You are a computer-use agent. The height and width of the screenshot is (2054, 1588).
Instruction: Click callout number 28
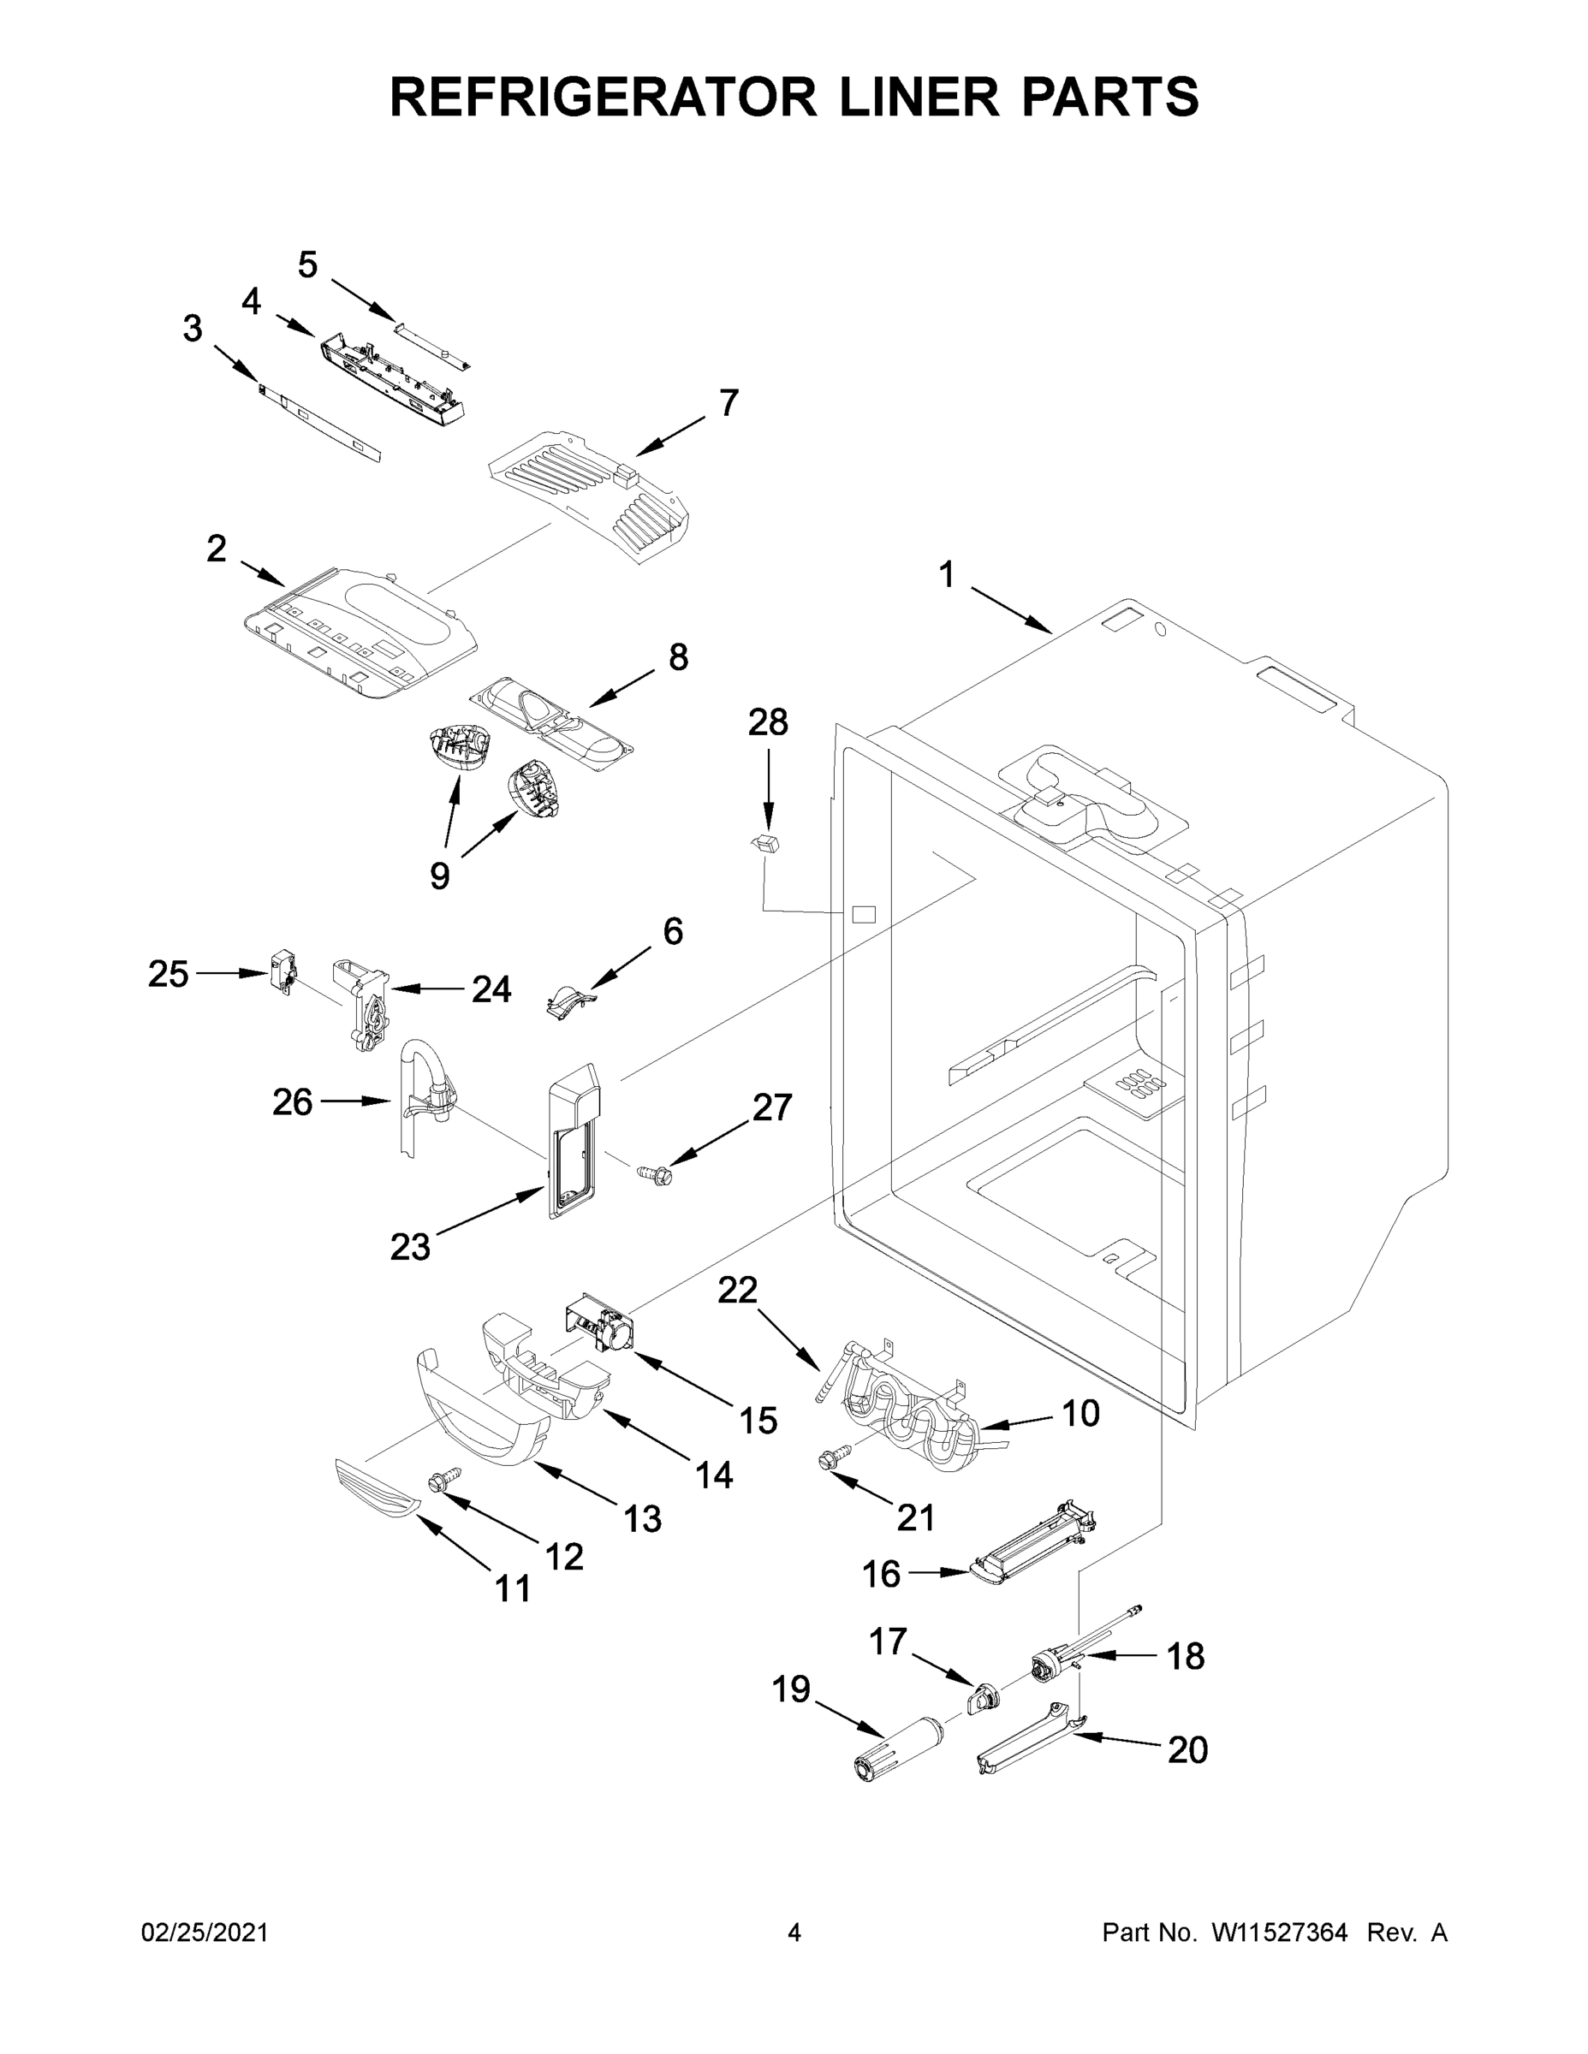click(x=768, y=722)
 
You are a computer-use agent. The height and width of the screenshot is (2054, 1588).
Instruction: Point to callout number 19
click(x=791, y=1689)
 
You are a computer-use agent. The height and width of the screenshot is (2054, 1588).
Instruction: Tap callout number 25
click(x=168, y=974)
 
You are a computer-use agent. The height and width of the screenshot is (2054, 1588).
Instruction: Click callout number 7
click(x=729, y=402)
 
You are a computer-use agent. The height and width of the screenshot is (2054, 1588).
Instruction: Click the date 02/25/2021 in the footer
click(x=205, y=1932)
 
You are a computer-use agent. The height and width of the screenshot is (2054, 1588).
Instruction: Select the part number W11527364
click(x=1280, y=1932)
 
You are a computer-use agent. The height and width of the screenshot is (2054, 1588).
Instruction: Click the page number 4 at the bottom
click(x=794, y=1932)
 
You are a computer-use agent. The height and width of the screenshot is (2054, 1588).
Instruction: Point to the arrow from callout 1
click(x=1011, y=610)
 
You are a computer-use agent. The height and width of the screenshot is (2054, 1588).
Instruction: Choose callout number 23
click(x=410, y=1247)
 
